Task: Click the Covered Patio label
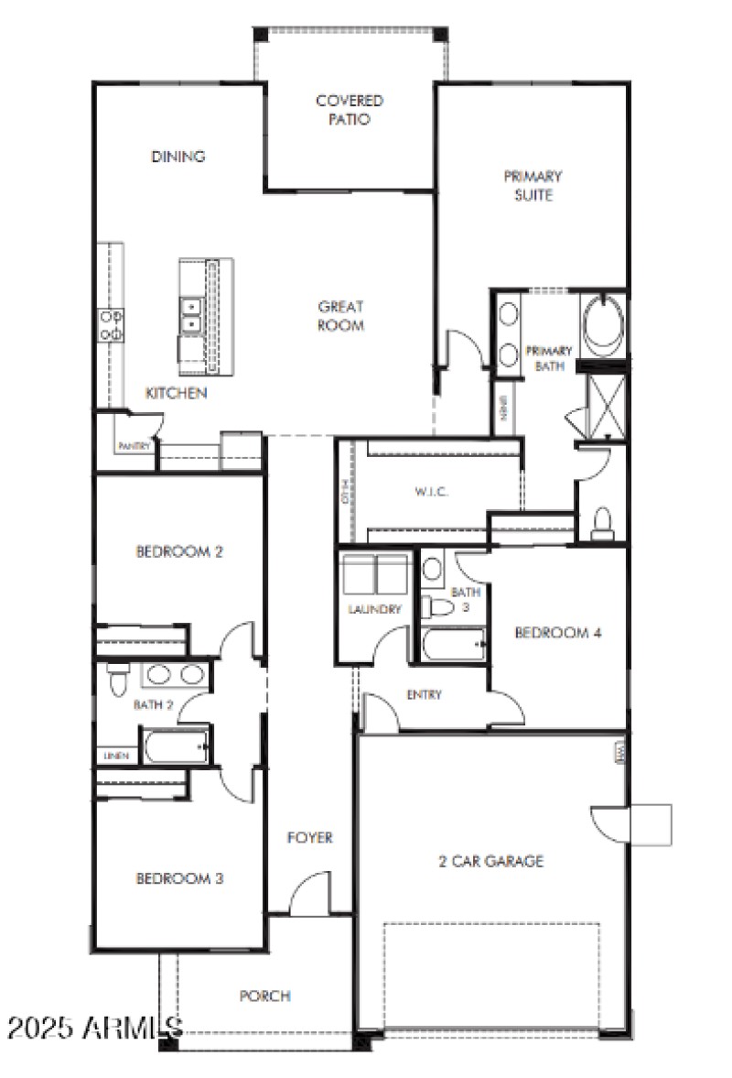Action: [349, 110]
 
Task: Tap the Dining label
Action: [178, 157]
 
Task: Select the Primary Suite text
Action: [533, 185]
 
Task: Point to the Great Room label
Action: [341, 316]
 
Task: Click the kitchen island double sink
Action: [192, 314]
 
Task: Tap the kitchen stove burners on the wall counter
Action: [112, 325]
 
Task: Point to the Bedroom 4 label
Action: [557, 633]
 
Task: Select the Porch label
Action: [265, 996]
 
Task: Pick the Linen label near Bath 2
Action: [115, 756]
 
